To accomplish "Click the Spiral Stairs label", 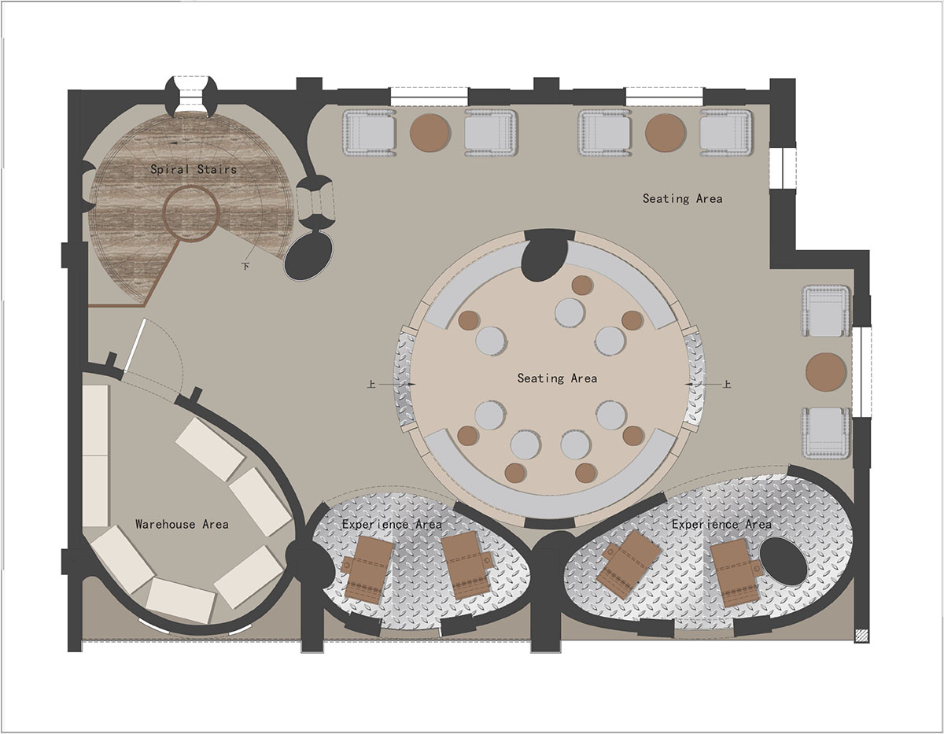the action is [x=194, y=169].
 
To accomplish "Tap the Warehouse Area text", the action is [x=182, y=524].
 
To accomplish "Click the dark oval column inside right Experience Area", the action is [x=784, y=562].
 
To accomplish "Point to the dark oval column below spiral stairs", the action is [x=309, y=256].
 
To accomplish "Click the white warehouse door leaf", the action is [x=135, y=345].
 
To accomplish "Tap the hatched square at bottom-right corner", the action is [x=861, y=636].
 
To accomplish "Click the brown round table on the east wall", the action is [x=826, y=372].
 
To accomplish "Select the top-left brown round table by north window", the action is [x=430, y=132].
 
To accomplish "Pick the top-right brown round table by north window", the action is [x=665, y=132].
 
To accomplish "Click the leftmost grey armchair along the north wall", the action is [x=370, y=132].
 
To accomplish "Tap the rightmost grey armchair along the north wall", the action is [x=726, y=132].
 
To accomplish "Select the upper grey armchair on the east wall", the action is [x=826, y=311].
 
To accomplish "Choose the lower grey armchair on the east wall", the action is [x=826, y=433].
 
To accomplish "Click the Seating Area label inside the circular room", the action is [x=557, y=378].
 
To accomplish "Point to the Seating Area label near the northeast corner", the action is [x=683, y=198].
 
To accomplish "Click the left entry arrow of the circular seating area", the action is [x=397, y=384].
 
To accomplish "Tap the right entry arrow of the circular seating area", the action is [x=703, y=384].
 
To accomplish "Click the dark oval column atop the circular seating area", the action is [x=545, y=256].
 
